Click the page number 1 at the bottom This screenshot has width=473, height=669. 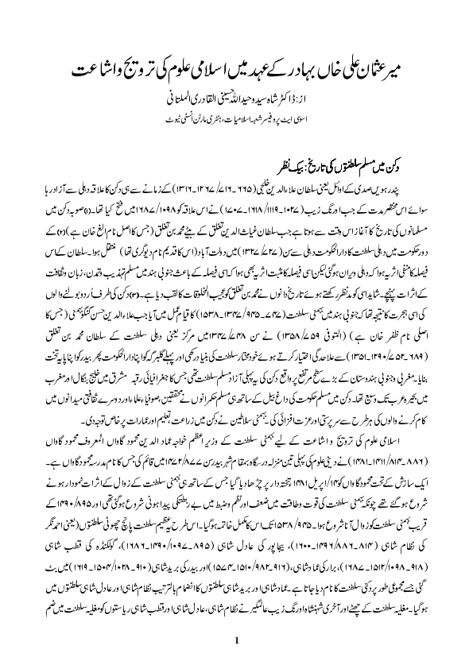tap(236, 640)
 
